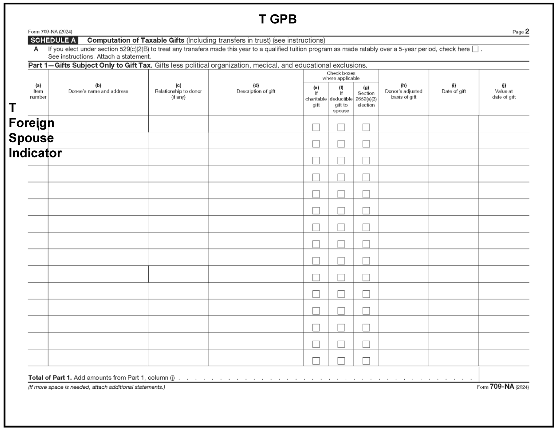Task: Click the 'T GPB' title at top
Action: (x=277, y=19)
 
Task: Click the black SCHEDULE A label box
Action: (x=53, y=40)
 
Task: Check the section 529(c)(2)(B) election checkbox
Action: (x=475, y=49)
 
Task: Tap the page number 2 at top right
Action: (x=527, y=31)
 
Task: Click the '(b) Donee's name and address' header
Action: (x=98, y=88)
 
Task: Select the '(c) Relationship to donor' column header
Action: (x=178, y=91)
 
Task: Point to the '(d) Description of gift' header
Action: (x=256, y=88)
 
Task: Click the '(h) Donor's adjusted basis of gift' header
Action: (x=403, y=91)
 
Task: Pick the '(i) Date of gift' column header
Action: (x=454, y=88)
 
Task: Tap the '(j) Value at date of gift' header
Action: (x=504, y=91)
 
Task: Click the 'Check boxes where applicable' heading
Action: (x=341, y=76)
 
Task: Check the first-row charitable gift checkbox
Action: (x=316, y=127)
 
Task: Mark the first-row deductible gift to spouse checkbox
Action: (x=341, y=127)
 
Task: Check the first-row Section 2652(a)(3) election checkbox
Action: (x=366, y=127)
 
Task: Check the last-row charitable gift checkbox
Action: (x=316, y=361)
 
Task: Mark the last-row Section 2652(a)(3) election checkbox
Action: (x=366, y=361)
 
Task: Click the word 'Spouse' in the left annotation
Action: (x=31, y=138)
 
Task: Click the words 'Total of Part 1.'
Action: (x=50, y=378)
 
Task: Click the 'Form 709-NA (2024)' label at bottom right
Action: (x=503, y=387)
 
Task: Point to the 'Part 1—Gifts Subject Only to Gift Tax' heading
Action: (x=90, y=65)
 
